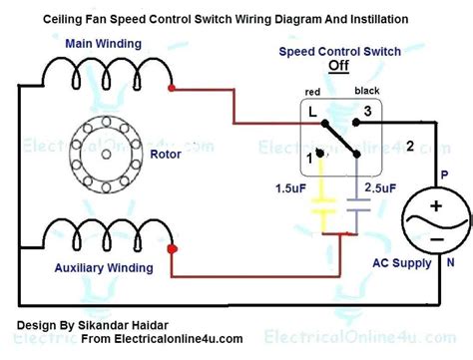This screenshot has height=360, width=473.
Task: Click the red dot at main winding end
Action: (x=172, y=89)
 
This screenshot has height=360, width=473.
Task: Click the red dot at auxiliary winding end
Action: (x=172, y=248)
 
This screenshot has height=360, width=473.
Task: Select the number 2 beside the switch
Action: (x=409, y=147)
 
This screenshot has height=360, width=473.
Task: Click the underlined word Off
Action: (x=340, y=66)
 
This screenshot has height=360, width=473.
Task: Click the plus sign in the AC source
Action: (x=436, y=205)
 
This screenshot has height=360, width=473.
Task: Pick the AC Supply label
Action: (x=402, y=264)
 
